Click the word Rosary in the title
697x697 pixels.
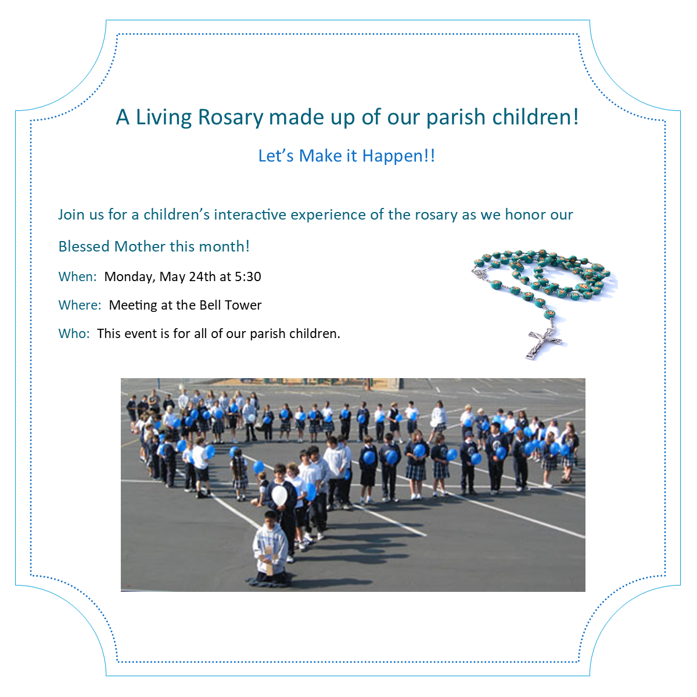tap(230, 118)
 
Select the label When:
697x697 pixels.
tap(77, 276)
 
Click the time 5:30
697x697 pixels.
tap(248, 276)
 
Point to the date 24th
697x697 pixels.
tap(202, 276)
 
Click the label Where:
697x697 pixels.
tap(80, 306)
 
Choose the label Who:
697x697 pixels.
tap(74, 333)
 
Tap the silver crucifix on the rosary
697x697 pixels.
tap(544, 342)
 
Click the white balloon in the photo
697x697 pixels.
tap(279, 495)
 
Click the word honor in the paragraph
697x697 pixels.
tap(526, 214)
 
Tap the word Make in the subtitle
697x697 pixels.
tap(321, 156)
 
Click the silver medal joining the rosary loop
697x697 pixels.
tap(478, 273)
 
